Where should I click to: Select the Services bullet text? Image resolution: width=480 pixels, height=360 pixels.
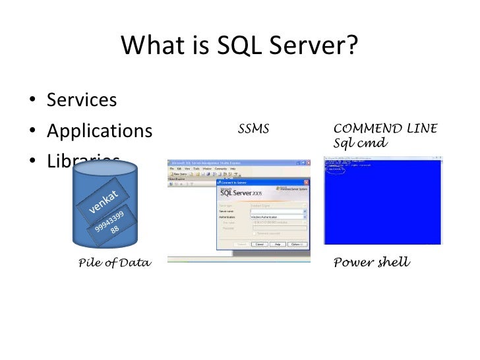(82, 100)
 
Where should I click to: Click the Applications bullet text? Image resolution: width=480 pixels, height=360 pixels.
(99, 131)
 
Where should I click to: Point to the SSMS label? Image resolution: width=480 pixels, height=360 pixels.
(253, 129)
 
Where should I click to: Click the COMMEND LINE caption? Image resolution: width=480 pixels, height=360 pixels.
(386, 129)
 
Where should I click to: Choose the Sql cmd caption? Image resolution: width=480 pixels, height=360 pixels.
(361, 143)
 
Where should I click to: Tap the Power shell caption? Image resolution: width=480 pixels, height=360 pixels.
(372, 263)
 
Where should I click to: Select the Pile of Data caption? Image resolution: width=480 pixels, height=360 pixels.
(115, 264)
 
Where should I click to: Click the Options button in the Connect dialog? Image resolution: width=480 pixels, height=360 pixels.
(297, 243)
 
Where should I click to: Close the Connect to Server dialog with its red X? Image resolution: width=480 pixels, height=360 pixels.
(305, 182)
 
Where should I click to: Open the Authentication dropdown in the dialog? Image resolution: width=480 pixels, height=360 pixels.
(305, 217)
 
